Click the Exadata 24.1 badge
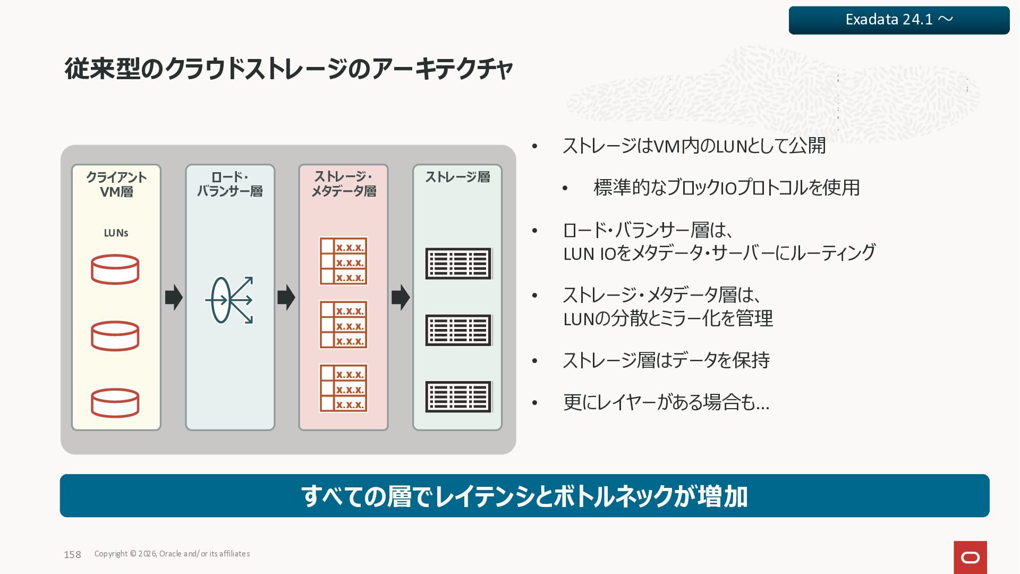899,20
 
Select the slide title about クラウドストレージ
288,69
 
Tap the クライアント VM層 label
116,184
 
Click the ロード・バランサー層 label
229,184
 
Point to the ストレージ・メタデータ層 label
343,184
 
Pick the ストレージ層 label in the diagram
457,177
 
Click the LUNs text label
116,233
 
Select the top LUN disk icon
115,269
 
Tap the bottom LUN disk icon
115,403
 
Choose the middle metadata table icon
343,325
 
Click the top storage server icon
458,264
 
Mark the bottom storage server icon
458,396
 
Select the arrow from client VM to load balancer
174,297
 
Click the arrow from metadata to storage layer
401,297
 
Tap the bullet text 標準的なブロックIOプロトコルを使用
726,188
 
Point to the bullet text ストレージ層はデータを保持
666,360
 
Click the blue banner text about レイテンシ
524,496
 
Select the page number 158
72,554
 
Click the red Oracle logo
970,557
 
